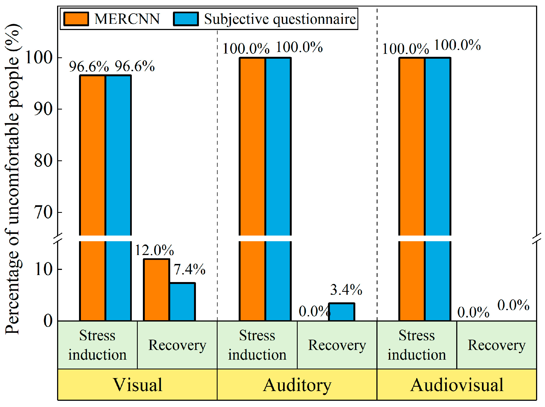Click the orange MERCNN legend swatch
pyautogui.click(x=76, y=19)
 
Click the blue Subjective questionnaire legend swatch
pyautogui.click(x=186, y=19)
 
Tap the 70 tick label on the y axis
pyautogui.click(x=43, y=212)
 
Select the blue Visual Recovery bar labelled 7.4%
pyautogui.click(x=182, y=302)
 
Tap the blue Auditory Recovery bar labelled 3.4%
pyautogui.click(x=342, y=312)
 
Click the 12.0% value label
pyautogui.click(x=154, y=250)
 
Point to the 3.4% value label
pyautogui.click(x=346, y=290)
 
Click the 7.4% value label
pyautogui.click(x=189, y=269)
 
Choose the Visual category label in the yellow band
pyautogui.click(x=137, y=385)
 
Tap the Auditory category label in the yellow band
pyautogui.click(x=297, y=385)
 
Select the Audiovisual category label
pyautogui.click(x=457, y=385)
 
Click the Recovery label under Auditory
pyautogui.click(x=337, y=345)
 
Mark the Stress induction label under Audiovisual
pyautogui.click(x=417, y=345)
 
